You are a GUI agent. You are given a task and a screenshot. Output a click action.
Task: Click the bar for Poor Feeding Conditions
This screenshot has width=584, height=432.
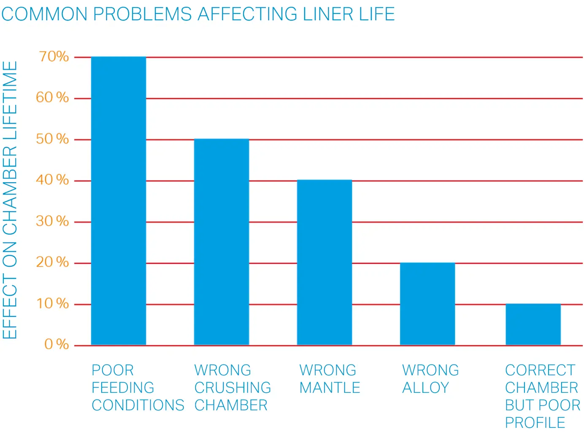coord(119,201)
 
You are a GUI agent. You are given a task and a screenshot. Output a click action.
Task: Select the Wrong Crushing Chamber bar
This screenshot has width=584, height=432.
coord(222,242)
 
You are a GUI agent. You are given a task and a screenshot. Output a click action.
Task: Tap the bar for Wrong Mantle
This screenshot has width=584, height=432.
coord(324,262)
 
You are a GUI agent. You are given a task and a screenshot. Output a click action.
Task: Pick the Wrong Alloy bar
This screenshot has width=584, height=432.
coord(427,304)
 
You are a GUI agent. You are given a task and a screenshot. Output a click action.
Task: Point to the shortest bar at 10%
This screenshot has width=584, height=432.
coord(533,324)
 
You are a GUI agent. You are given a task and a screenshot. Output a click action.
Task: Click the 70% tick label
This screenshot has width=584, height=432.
coord(54,57)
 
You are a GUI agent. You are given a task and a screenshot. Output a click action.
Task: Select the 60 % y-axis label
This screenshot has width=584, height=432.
coord(52,97)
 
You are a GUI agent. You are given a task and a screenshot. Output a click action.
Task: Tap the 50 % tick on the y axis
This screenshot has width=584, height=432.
coord(52,139)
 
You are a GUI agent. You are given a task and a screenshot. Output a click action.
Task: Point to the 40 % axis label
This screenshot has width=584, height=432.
coord(52,180)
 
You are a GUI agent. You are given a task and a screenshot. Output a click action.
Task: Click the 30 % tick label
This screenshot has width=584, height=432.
coord(52,221)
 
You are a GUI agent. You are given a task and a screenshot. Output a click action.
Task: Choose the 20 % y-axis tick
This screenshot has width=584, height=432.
coord(52,262)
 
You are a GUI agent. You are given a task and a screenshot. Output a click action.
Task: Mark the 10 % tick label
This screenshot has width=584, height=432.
coord(52,303)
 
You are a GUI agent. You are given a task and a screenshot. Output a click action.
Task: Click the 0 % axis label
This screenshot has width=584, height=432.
coord(57,344)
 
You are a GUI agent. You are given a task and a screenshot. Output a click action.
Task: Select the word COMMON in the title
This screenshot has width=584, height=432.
coord(44,14)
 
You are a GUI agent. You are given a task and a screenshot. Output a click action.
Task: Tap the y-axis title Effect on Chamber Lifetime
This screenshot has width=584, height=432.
coord(10,200)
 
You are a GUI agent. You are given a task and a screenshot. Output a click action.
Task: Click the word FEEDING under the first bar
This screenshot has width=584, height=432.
coord(123,388)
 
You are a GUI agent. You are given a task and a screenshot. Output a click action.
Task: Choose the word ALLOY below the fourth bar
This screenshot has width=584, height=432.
coord(425,388)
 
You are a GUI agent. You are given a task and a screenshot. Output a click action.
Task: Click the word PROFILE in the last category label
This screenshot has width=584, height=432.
coord(535,422)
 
